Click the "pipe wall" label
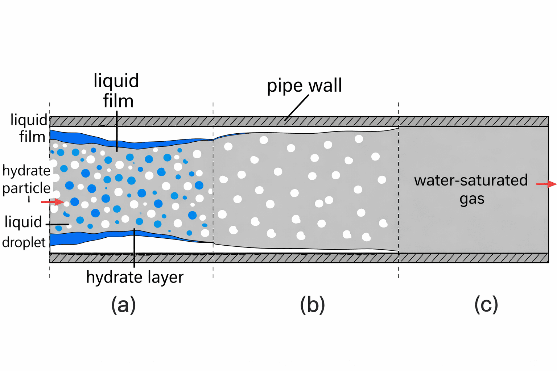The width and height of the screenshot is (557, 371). pyautogui.click(x=304, y=86)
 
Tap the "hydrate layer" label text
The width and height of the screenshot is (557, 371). pyautogui.click(x=135, y=277)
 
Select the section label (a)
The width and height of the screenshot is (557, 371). pyautogui.click(x=123, y=304)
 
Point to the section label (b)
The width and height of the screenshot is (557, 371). pyautogui.click(x=312, y=304)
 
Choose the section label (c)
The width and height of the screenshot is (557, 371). pyautogui.click(x=486, y=304)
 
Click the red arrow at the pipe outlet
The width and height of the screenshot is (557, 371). pyautogui.click(x=546, y=184)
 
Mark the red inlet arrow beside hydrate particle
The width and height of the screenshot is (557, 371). pyautogui.click(x=52, y=202)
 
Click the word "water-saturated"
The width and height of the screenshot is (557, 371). pyautogui.click(x=471, y=180)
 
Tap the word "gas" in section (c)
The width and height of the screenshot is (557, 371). pyautogui.click(x=472, y=199)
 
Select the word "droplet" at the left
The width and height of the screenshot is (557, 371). pyautogui.click(x=24, y=242)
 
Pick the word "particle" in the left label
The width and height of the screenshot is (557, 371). pyautogui.click(x=26, y=188)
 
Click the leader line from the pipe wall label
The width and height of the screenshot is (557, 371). pyautogui.click(x=297, y=108)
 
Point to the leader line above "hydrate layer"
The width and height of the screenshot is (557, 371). pyautogui.click(x=134, y=248)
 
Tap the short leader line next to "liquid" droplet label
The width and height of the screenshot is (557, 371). pyautogui.click(x=57, y=225)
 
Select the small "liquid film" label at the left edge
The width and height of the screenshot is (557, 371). pyautogui.click(x=29, y=128)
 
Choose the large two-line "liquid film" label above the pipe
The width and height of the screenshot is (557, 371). pyautogui.click(x=117, y=91)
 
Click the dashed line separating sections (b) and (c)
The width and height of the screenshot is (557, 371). pyautogui.click(x=399, y=188)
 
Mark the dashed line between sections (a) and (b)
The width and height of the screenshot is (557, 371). pyautogui.click(x=213, y=188)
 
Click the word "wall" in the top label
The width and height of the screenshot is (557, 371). pyautogui.click(x=325, y=86)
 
